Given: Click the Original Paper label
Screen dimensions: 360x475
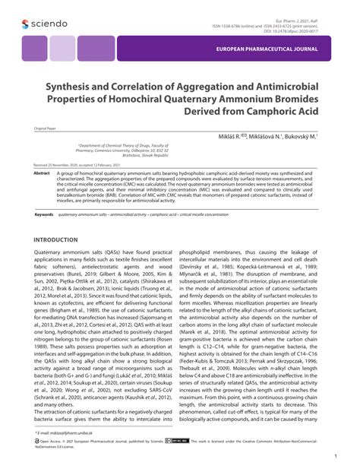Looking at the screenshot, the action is pyautogui.click(x=46, y=129).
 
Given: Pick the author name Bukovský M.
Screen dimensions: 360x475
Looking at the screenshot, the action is pyautogui.click(x=301, y=135).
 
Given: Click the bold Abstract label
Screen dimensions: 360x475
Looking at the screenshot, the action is pyautogui.click(x=41, y=173).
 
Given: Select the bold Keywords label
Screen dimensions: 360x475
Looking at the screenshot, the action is pyautogui.click(x=43, y=215).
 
